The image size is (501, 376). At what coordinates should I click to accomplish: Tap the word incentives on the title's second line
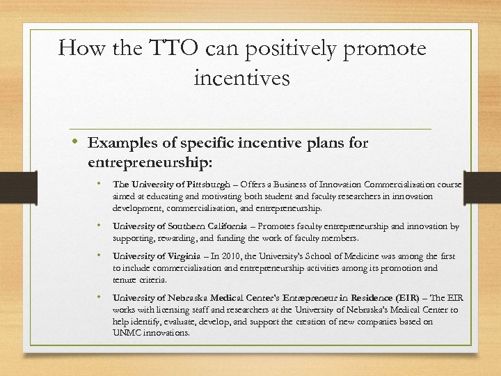pos(243,77)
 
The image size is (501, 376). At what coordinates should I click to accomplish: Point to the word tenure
pos(125,280)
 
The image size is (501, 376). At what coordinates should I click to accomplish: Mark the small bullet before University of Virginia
pos(101,256)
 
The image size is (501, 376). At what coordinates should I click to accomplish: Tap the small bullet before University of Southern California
pos(101,226)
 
